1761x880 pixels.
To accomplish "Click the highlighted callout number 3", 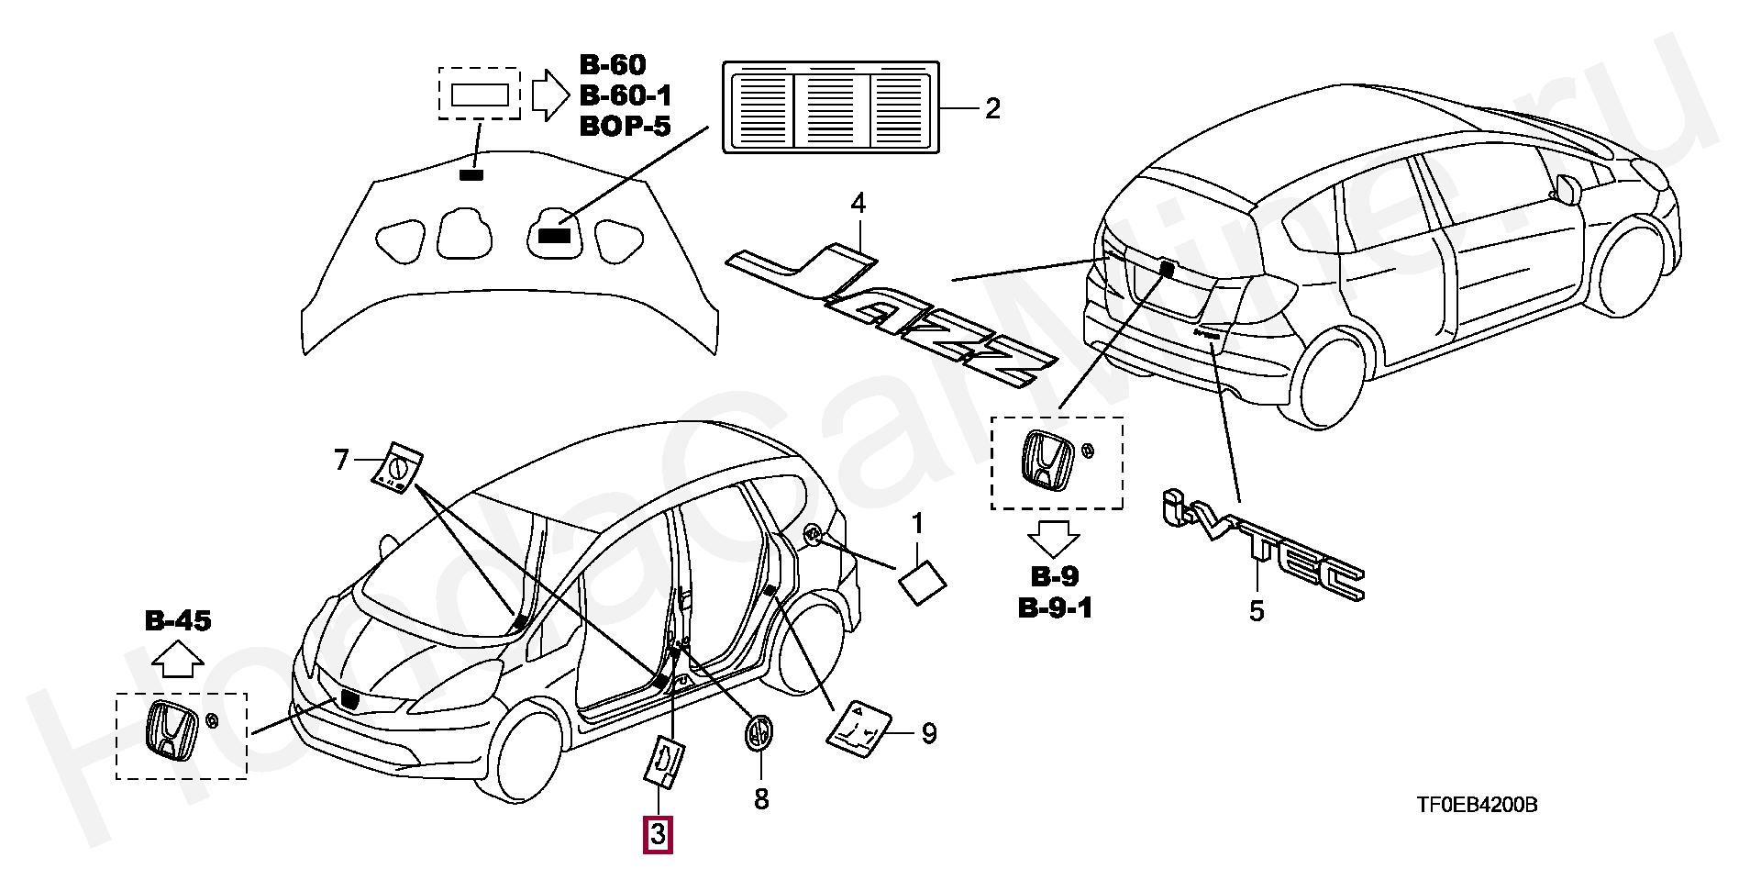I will pyautogui.click(x=658, y=835).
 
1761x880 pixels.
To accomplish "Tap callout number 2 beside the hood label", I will pyautogui.click(x=992, y=108).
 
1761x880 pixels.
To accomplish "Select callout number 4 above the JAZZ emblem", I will pyautogui.click(x=858, y=203).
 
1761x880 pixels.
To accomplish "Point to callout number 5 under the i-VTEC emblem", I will pyautogui.click(x=1257, y=611).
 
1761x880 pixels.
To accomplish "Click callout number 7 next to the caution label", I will pyautogui.click(x=341, y=459).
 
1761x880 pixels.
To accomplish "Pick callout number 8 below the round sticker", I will pyautogui.click(x=761, y=799).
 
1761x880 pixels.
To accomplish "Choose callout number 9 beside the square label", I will pyautogui.click(x=928, y=733).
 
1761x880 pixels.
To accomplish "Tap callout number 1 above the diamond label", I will pyautogui.click(x=917, y=524).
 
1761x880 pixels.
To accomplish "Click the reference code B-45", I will pyautogui.click(x=178, y=620).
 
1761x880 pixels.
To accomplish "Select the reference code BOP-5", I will pyautogui.click(x=625, y=126).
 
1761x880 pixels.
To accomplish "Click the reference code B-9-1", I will pyautogui.click(x=1055, y=607).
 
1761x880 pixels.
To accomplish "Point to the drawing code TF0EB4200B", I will pyautogui.click(x=1477, y=805).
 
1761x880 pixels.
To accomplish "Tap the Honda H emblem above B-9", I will pyautogui.click(x=1047, y=461).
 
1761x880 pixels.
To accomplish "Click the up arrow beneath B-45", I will pyautogui.click(x=178, y=658).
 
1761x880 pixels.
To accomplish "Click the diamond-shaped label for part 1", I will pyautogui.click(x=922, y=583).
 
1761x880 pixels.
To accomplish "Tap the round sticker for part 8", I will pyautogui.click(x=758, y=733).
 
